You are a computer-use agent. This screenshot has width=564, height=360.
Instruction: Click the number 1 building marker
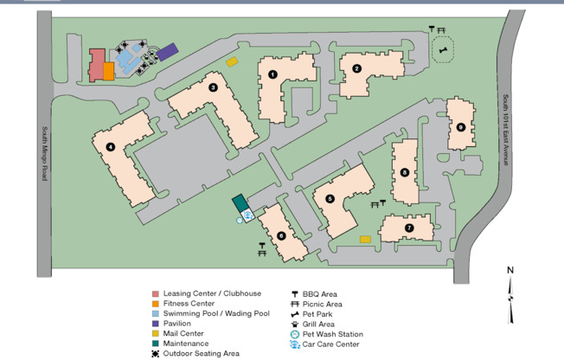272,74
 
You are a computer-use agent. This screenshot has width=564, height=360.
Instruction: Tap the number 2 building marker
356,68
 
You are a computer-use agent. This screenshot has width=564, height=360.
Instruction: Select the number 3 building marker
213,87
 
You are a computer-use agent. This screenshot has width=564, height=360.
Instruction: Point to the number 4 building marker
111,146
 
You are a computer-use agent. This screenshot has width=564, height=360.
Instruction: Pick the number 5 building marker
330,198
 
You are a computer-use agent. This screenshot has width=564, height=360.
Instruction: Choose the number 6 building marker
281,235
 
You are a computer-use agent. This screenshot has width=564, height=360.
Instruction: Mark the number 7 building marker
408,228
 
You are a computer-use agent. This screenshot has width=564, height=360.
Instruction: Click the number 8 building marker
404,173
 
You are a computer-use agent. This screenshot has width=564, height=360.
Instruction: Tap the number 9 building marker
461,127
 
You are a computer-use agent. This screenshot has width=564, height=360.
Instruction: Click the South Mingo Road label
45,154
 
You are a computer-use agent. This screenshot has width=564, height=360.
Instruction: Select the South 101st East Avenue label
506,130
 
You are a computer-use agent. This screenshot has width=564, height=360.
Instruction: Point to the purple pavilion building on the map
168,53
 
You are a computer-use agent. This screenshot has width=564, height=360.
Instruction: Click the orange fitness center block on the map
109,71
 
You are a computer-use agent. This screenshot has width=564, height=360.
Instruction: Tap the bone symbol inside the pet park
444,50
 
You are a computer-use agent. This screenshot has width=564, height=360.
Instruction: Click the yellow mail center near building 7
365,239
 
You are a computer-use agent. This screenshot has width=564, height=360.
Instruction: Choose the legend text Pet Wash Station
332,334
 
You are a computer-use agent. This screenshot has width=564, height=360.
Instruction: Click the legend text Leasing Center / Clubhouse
211,293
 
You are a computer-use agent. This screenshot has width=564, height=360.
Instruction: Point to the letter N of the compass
510,271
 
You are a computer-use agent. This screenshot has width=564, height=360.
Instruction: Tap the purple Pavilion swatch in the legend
155,324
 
